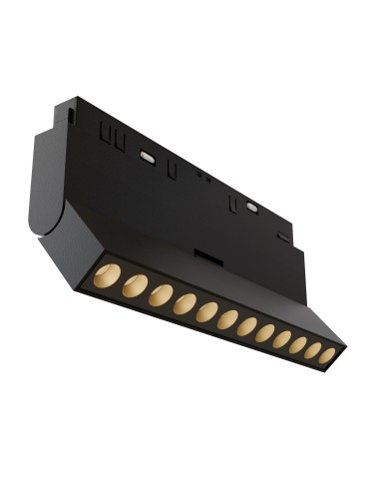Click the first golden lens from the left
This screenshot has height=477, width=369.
(x=108, y=275)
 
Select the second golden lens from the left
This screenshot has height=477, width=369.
(x=134, y=285)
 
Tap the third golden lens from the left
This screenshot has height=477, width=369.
(x=160, y=295)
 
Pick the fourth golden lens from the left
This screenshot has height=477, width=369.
(x=184, y=304)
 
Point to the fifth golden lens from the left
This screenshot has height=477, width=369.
(x=206, y=312)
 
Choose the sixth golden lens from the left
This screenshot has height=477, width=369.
(x=227, y=320)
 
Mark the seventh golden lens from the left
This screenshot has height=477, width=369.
(x=246, y=327)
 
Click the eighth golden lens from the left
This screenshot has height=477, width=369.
(x=264, y=334)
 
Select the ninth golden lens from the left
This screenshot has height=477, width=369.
(x=281, y=340)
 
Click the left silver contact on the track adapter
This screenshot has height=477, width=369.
(x=148, y=157)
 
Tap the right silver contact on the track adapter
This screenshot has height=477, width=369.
(x=251, y=208)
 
